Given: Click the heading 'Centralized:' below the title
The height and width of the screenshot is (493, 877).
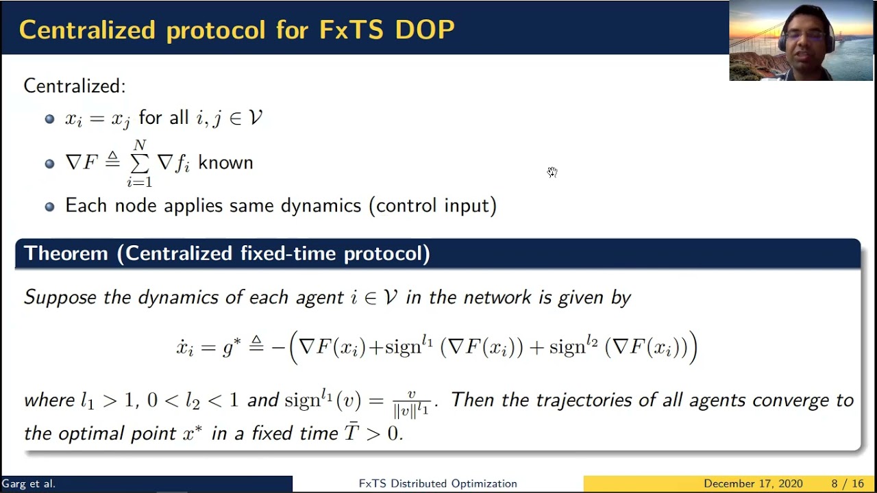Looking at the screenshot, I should pyautogui.click(x=75, y=86).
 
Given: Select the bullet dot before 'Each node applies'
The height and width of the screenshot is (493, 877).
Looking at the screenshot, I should pyautogui.click(x=49, y=206).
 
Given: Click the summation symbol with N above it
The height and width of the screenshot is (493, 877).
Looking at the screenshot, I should pyautogui.click(x=140, y=164).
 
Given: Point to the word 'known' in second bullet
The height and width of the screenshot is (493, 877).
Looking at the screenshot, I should pyautogui.click(x=225, y=163).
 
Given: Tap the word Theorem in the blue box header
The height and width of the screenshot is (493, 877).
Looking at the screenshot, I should pyautogui.click(x=66, y=253).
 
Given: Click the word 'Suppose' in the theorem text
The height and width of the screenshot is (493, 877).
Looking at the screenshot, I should pyautogui.click(x=60, y=297).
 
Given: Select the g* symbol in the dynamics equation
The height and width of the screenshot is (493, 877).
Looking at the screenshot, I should pyautogui.click(x=232, y=347).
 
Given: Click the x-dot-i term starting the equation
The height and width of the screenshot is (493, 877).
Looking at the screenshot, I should pyautogui.click(x=185, y=347).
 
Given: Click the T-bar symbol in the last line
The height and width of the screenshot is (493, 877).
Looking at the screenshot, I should pyautogui.click(x=351, y=433).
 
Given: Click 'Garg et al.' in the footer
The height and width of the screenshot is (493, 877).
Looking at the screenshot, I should pyautogui.click(x=28, y=483).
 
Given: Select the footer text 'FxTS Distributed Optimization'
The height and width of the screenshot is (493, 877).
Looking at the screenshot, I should pyautogui.click(x=438, y=483).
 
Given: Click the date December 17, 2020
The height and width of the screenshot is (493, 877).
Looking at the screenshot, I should pyautogui.click(x=752, y=483).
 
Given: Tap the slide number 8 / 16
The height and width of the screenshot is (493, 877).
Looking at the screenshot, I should pyautogui.click(x=848, y=483).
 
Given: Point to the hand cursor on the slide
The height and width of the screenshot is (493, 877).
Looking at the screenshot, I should pyautogui.click(x=552, y=172).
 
